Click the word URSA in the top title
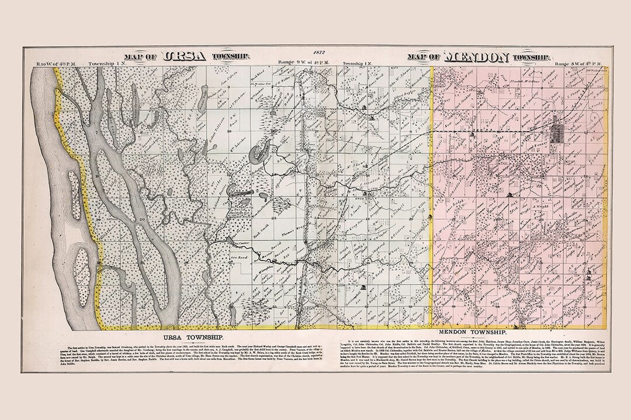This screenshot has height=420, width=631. click(x=186, y=57)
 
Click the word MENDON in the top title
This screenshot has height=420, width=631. click(x=476, y=57)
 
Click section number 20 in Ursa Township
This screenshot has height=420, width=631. click(x=142, y=219)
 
